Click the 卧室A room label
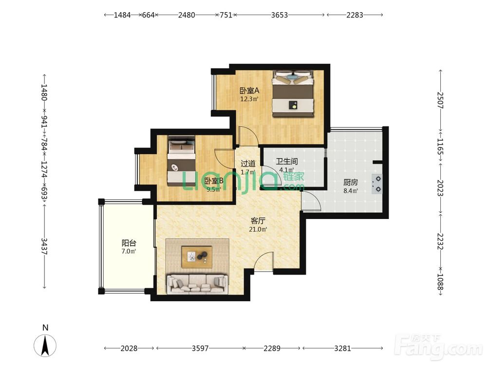(x=249, y=91)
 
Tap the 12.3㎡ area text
(x=249, y=99)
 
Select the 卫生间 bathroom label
(x=287, y=162)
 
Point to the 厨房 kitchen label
(x=350, y=182)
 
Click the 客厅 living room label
(x=258, y=221)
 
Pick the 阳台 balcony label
(x=129, y=243)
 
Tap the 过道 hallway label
(x=248, y=163)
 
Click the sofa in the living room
(x=198, y=284)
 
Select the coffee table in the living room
(x=197, y=257)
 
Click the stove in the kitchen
(x=377, y=184)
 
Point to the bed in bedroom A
(x=293, y=94)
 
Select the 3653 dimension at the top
(x=279, y=15)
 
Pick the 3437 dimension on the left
(x=44, y=246)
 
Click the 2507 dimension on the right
(x=440, y=100)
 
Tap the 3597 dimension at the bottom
(x=200, y=348)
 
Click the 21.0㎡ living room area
(x=258, y=230)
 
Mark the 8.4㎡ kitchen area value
(x=350, y=191)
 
